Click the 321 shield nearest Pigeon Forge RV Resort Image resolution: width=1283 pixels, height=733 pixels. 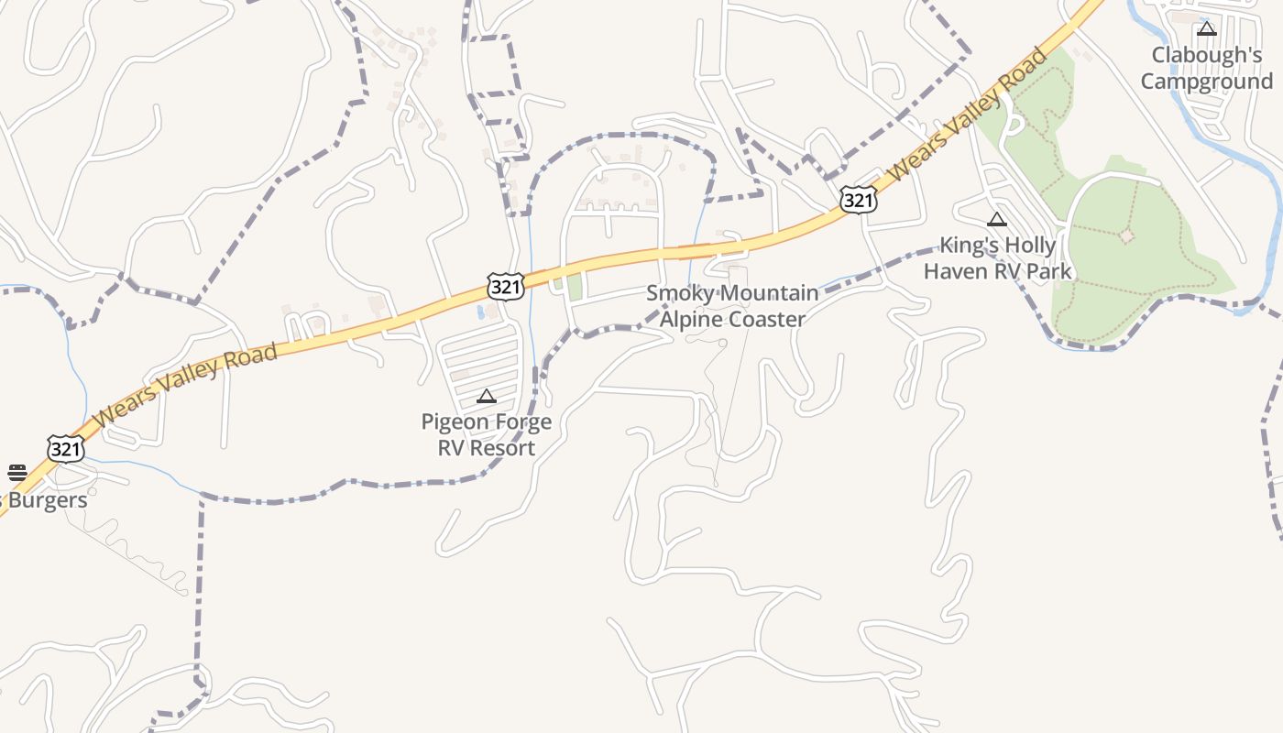pyautogui.click(x=506, y=286)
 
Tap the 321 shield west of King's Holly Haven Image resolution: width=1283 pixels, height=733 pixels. pyautogui.click(x=858, y=199)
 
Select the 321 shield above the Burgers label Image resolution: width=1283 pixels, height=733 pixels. pyautogui.click(x=66, y=449)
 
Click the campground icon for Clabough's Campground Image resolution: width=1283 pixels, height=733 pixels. pyautogui.click(x=1207, y=29)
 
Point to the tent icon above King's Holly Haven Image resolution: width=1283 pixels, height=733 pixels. pyautogui.click(x=997, y=220)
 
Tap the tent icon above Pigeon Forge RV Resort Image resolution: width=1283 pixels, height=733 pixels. pyautogui.click(x=487, y=397)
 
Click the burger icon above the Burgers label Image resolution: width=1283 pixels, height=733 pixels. pyautogui.click(x=17, y=473)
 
